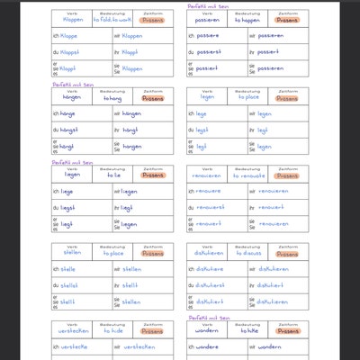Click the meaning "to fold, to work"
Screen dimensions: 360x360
tap(112, 19)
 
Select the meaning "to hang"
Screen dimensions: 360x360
tap(112, 98)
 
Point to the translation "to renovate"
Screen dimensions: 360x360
tap(247, 176)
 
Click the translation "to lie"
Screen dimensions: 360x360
tap(112, 176)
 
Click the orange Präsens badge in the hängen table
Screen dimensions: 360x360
tap(153, 98)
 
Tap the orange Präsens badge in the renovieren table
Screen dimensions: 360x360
tap(289, 176)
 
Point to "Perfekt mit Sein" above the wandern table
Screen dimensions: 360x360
tap(208, 318)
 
